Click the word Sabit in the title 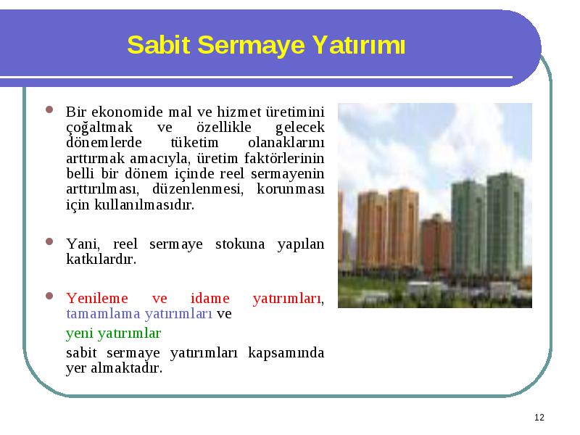pos(159,45)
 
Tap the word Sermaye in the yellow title pos(251,46)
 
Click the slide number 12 pos(539,418)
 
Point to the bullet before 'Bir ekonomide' pos(49,109)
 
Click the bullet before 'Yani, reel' pos(49,241)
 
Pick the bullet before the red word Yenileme pos(49,296)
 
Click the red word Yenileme pos(97,298)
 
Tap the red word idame pos(210,298)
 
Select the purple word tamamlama pos(103,314)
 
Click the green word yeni pos(80,333)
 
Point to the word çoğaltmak pos(99,128)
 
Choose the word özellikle pos(224,127)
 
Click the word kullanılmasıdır pos(144,204)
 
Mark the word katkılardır pos(101,259)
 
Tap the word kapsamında pos(286,353)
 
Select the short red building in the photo pos(436,244)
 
